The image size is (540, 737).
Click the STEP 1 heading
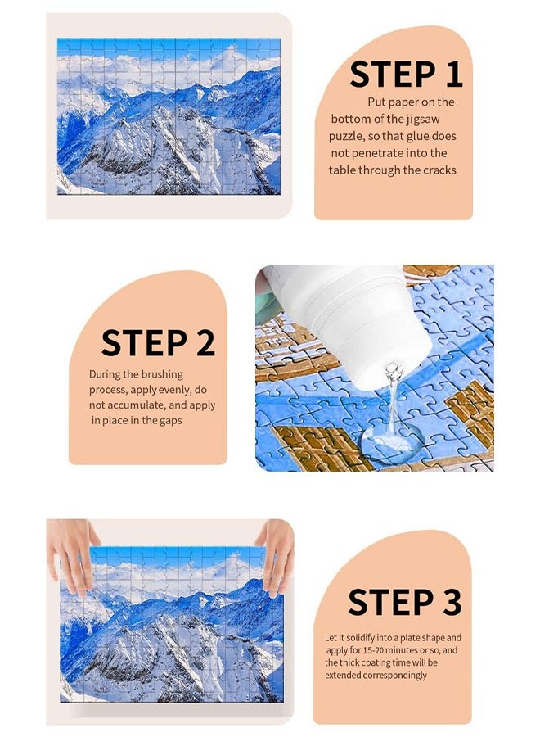click(x=406, y=74)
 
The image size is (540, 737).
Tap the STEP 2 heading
click(x=158, y=342)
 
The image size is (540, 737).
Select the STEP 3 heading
click(x=404, y=602)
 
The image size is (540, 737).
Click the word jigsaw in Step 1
click(x=423, y=120)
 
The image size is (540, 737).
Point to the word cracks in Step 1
click(x=439, y=170)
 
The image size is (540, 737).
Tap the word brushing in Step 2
click(x=163, y=374)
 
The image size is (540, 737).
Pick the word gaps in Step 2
click(x=171, y=421)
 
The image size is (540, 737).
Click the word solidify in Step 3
click(x=361, y=638)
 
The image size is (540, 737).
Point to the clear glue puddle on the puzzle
click(x=392, y=442)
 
